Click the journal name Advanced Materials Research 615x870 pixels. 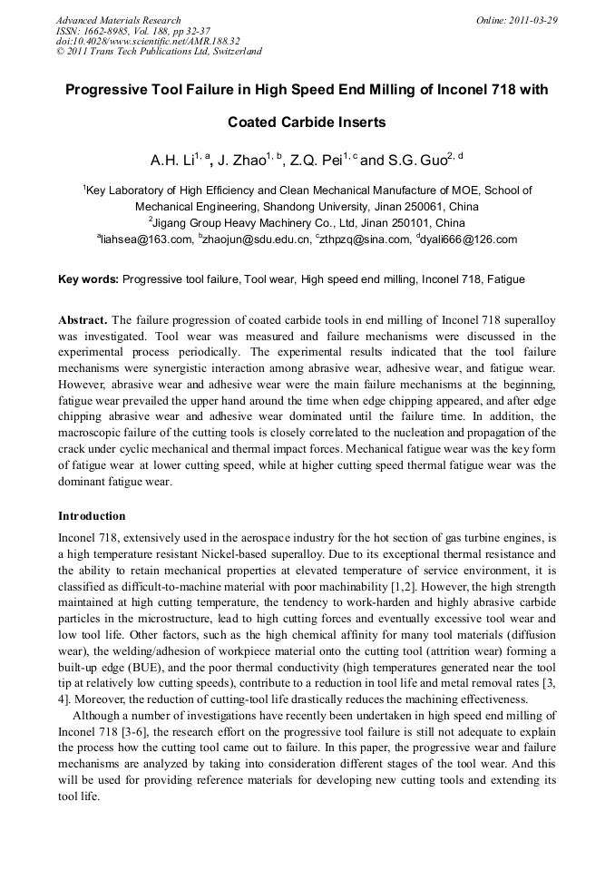pos(118,20)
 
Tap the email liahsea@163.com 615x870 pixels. pos(146,239)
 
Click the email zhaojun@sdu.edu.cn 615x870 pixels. pos(255,239)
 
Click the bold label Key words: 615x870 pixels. pos(88,280)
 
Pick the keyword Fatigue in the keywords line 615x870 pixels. pos(506,280)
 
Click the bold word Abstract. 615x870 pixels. pos(83,320)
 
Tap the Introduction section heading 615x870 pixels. pos(93,516)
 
